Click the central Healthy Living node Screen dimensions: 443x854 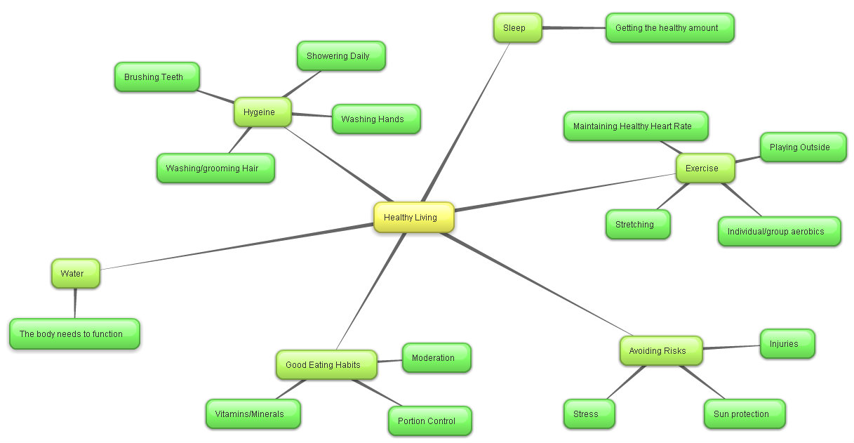click(413, 218)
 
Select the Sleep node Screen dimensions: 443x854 click(517, 28)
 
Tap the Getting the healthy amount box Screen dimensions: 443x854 click(669, 28)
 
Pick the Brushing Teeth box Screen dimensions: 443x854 click(156, 77)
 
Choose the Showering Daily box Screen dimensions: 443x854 click(341, 56)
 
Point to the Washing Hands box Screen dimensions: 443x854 click(375, 119)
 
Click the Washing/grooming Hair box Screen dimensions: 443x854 click(215, 168)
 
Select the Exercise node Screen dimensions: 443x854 click(705, 168)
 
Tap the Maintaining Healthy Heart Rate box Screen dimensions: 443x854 click(636, 126)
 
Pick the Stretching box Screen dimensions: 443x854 click(637, 225)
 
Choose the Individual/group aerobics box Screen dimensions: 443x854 click(778, 232)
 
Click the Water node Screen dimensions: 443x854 click(75, 274)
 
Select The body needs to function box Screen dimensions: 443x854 click(74, 334)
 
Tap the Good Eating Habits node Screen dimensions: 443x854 click(326, 365)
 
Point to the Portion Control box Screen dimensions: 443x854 click(429, 421)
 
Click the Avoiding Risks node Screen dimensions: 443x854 click(660, 351)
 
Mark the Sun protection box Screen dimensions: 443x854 click(744, 414)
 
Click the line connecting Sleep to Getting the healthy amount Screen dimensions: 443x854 click(574, 28)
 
